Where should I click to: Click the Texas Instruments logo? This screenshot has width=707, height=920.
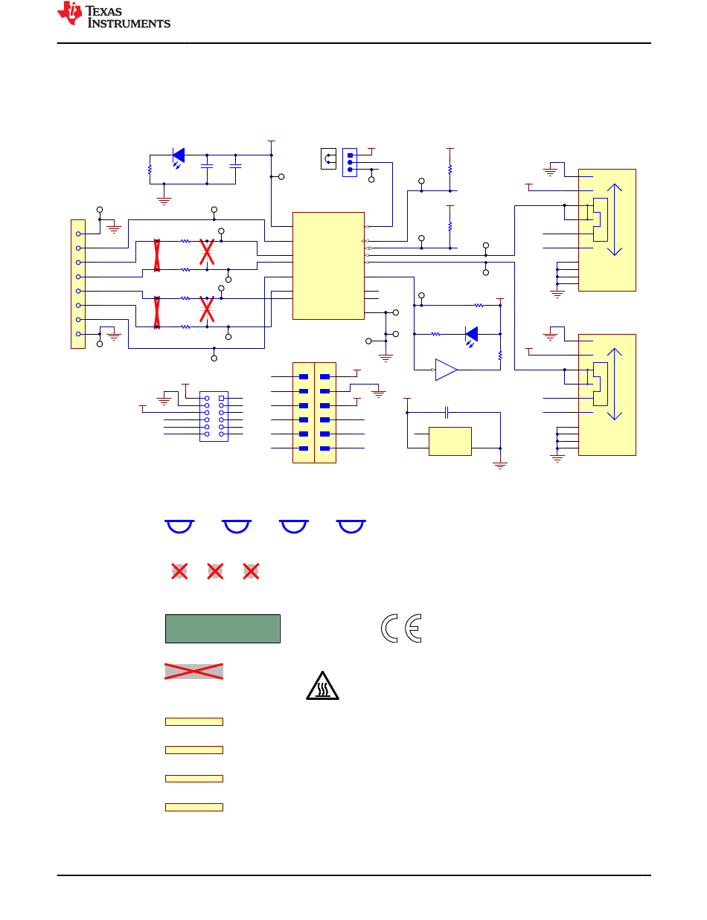(x=114, y=15)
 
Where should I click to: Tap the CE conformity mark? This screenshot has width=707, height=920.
(x=400, y=628)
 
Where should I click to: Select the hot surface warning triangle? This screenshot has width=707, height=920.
(x=322, y=686)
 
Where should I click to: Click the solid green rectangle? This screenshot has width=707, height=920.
(x=223, y=628)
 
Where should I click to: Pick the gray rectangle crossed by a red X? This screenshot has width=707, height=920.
(x=193, y=672)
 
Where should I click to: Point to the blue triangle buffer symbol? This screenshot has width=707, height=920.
(x=446, y=370)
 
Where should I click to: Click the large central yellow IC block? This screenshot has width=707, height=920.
(x=328, y=266)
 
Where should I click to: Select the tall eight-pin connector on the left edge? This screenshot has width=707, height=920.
(x=78, y=284)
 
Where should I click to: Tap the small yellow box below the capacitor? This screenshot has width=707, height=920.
(x=450, y=441)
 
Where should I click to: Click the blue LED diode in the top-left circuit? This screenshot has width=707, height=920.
(x=179, y=155)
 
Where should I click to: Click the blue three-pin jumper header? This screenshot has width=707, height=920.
(x=350, y=162)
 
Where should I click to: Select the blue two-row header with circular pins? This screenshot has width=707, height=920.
(x=214, y=416)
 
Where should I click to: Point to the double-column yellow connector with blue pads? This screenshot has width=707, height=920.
(x=314, y=412)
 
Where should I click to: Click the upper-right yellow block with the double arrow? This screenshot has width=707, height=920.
(x=607, y=230)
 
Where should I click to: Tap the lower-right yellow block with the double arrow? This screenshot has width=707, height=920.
(x=607, y=395)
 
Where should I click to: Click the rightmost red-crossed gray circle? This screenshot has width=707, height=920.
(x=251, y=571)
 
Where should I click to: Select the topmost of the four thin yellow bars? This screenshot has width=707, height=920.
(x=194, y=721)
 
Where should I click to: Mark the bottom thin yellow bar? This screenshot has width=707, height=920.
(x=194, y=808)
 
